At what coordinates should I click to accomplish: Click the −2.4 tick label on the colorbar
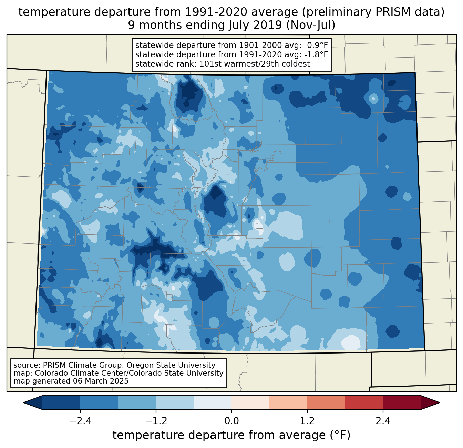tap(80, 421)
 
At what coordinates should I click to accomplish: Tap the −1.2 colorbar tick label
tap(156, 421)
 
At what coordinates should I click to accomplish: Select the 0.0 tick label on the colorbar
tap(231, 421)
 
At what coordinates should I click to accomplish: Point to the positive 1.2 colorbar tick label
tap(307, 421)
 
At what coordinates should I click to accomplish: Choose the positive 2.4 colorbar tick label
tap(383, 421)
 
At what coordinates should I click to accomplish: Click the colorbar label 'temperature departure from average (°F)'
tap(231, 435)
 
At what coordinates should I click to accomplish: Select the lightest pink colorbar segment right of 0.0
tap(250, 402)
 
